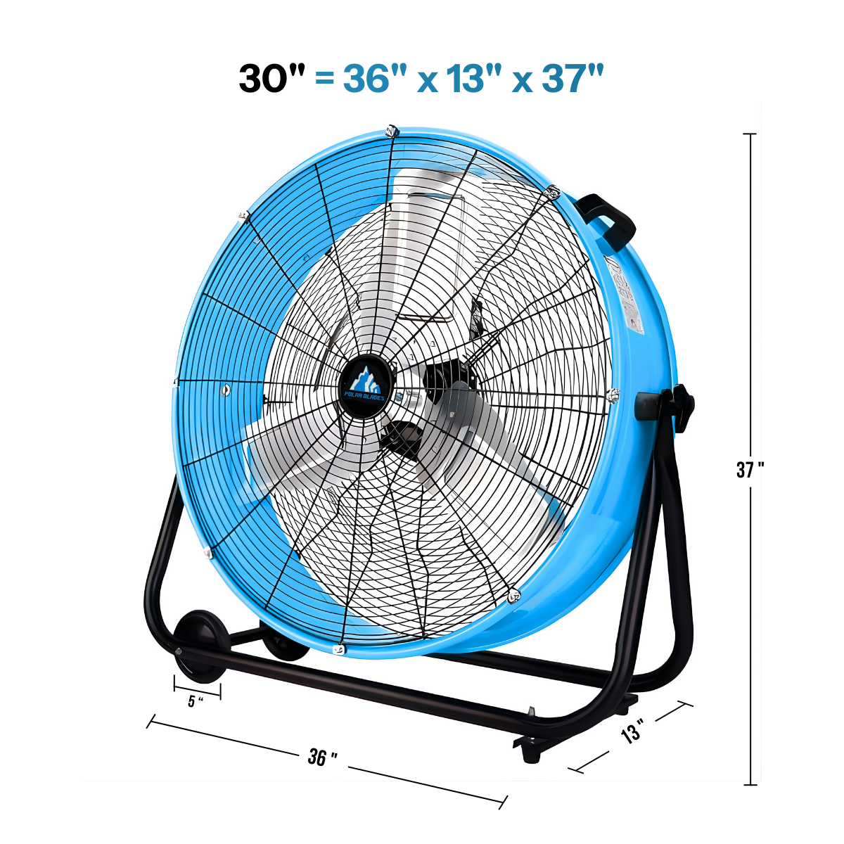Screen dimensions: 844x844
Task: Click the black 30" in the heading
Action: coord(271,78)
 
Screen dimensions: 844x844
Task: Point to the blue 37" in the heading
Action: coord(573,78)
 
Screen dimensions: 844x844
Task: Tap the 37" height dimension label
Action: coord(750,470)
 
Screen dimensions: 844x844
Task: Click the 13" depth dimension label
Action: coord(633,729)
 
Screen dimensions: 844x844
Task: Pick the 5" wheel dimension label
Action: coord(196,701)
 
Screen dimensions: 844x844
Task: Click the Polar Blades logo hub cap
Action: coord(365,386)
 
